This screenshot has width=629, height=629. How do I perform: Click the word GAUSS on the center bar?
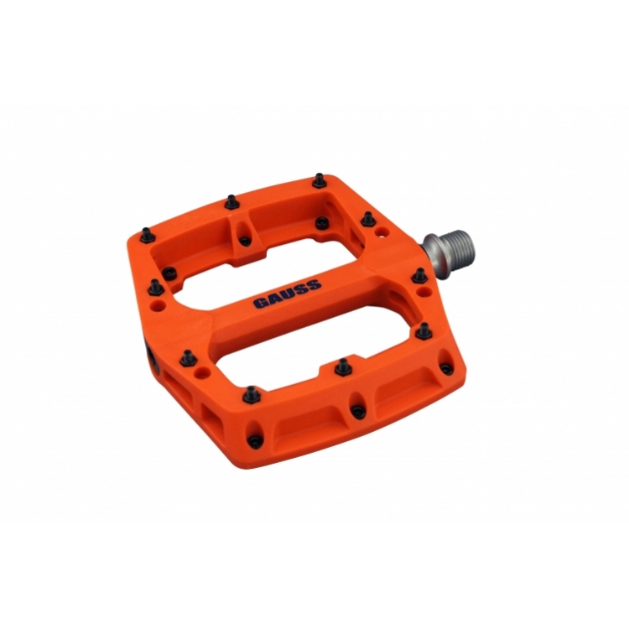pyautogui.click(x=286, y=294)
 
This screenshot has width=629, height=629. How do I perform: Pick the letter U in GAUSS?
pyautogui.click(x=286, y=294)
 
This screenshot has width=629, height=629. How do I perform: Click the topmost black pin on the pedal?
pyautogui.click(x=319, y=179)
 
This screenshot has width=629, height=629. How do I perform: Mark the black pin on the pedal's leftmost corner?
pyautogui.click(x=147, y=236)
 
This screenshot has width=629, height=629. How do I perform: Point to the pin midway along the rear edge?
pyautogui.click(x=230, y=201)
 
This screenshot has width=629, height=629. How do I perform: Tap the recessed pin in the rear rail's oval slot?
pyautogui.click(x=244, y=240)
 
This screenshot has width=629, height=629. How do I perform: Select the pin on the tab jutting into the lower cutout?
pyautogui.click(x=341, y=366)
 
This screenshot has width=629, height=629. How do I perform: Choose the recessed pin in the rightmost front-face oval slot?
pyautogui.click(x=442, y=368)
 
